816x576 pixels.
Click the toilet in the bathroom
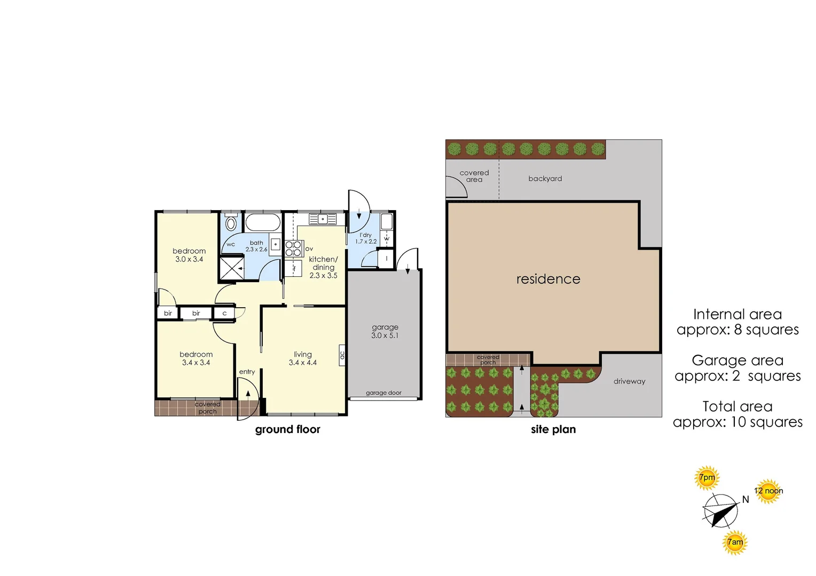click(x=231, y=221)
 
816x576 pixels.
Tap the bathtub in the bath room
click(x=262, y=222)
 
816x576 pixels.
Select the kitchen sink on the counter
click(x=323, y=219)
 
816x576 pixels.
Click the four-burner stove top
click(x=294, y=249)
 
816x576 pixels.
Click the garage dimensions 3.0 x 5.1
click(x=385, y=335)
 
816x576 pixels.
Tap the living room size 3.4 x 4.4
click(x=303, y=363)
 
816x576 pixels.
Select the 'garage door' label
click(x=383, y=393)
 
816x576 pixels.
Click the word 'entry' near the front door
click(x=247, y=372)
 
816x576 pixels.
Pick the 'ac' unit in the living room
click(x=342, y=355)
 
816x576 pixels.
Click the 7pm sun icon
click(x=707, y=478)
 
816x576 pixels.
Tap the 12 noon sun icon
click(x=768, y=491)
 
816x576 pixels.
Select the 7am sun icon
click(x=735, y=542)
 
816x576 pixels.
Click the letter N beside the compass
click(x=746, y=500)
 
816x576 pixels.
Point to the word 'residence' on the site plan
click(x=548, y=279)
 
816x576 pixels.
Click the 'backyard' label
click(x=545, y=179)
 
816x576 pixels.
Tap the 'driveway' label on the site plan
click(x=629, y=381)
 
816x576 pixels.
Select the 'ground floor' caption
click(x=287, y=430)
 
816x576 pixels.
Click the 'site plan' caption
click(x=553, y=430)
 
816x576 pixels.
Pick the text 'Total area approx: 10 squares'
click(x=737, y=414)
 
